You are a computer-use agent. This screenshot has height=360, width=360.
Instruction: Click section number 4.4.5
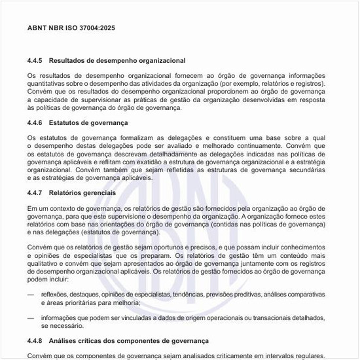click(x=35, y=60)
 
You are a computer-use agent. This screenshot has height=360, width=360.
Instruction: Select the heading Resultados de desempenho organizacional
click(x=117, y=60)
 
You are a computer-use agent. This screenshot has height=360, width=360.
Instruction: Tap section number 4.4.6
click(x=35, y=123)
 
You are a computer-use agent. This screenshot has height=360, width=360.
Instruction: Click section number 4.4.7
click(x=35, y=194)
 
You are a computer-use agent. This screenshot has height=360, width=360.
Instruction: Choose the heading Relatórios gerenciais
click(x=82, y=194)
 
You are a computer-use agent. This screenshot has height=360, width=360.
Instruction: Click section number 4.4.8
click(x=35, y=341)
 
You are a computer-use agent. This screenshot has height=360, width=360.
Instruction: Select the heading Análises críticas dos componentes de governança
click(x=129, y=341)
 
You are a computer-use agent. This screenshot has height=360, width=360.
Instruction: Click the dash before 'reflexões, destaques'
click(x=31, y=295)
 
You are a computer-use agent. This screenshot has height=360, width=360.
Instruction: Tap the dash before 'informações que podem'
click(x=31, y=317)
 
